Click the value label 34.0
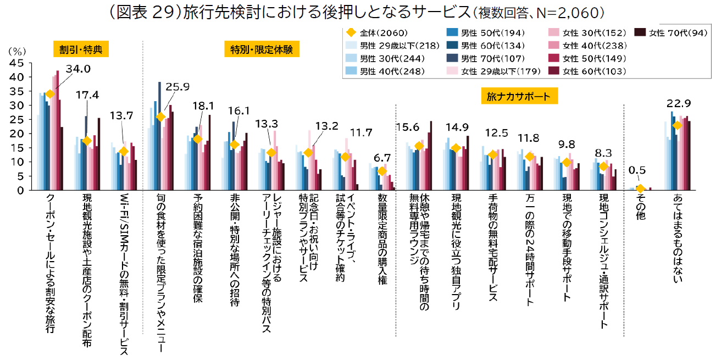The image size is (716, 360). pos(78,69)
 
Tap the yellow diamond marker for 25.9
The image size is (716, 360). pos(160,117)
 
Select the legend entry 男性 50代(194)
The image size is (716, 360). pos(488,33)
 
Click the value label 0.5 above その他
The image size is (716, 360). pos(637,171)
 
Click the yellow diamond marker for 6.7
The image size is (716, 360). pos(382,171)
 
